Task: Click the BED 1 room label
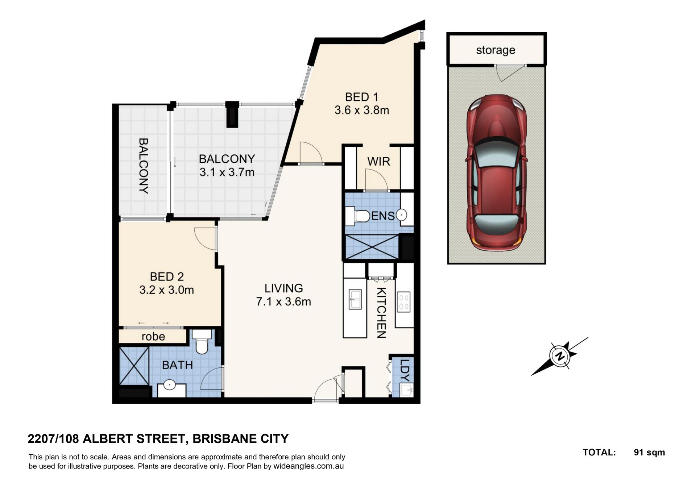(x=361, y=97)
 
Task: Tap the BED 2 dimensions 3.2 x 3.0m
(x=167, y=290)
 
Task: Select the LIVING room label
(x=283, y=288)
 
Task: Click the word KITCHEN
(x=381, y=313)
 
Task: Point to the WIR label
(x=379, y=162)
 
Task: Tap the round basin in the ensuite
(x=402, y=215)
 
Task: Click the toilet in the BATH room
(x=202, y=342)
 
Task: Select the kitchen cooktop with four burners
(x=404, y=302)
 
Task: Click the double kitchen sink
(x=355, y=299)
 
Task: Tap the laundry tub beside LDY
(x=406, y=391)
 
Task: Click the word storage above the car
(x=496, y=50)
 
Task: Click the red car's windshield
(x=496, y=153)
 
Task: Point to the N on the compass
(x=560, y=356)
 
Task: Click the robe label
(x=153, y=337)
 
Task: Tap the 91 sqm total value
(x=649, y=453)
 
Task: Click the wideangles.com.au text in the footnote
(x=308, y=466)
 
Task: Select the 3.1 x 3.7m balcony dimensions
(x=227, y=172)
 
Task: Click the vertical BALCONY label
(x=144, y=166)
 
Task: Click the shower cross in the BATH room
(x=134, y=366)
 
